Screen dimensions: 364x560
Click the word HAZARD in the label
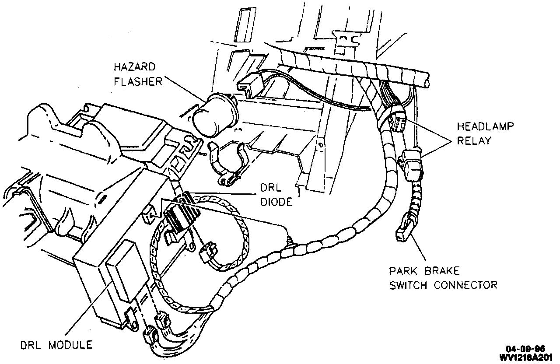pos(135,67)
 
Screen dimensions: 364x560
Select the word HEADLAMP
pos(485,126)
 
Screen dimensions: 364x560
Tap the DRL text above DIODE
pos(271,188)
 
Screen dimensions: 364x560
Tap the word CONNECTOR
pos(465,285)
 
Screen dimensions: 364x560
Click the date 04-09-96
pos(525,349)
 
